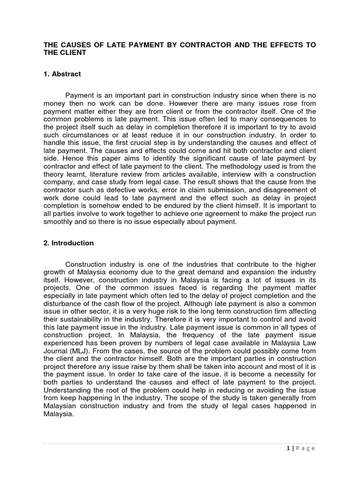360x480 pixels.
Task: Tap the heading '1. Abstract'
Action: [x=62, y=74]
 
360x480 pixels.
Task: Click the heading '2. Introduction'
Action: [x=68, y=243]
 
